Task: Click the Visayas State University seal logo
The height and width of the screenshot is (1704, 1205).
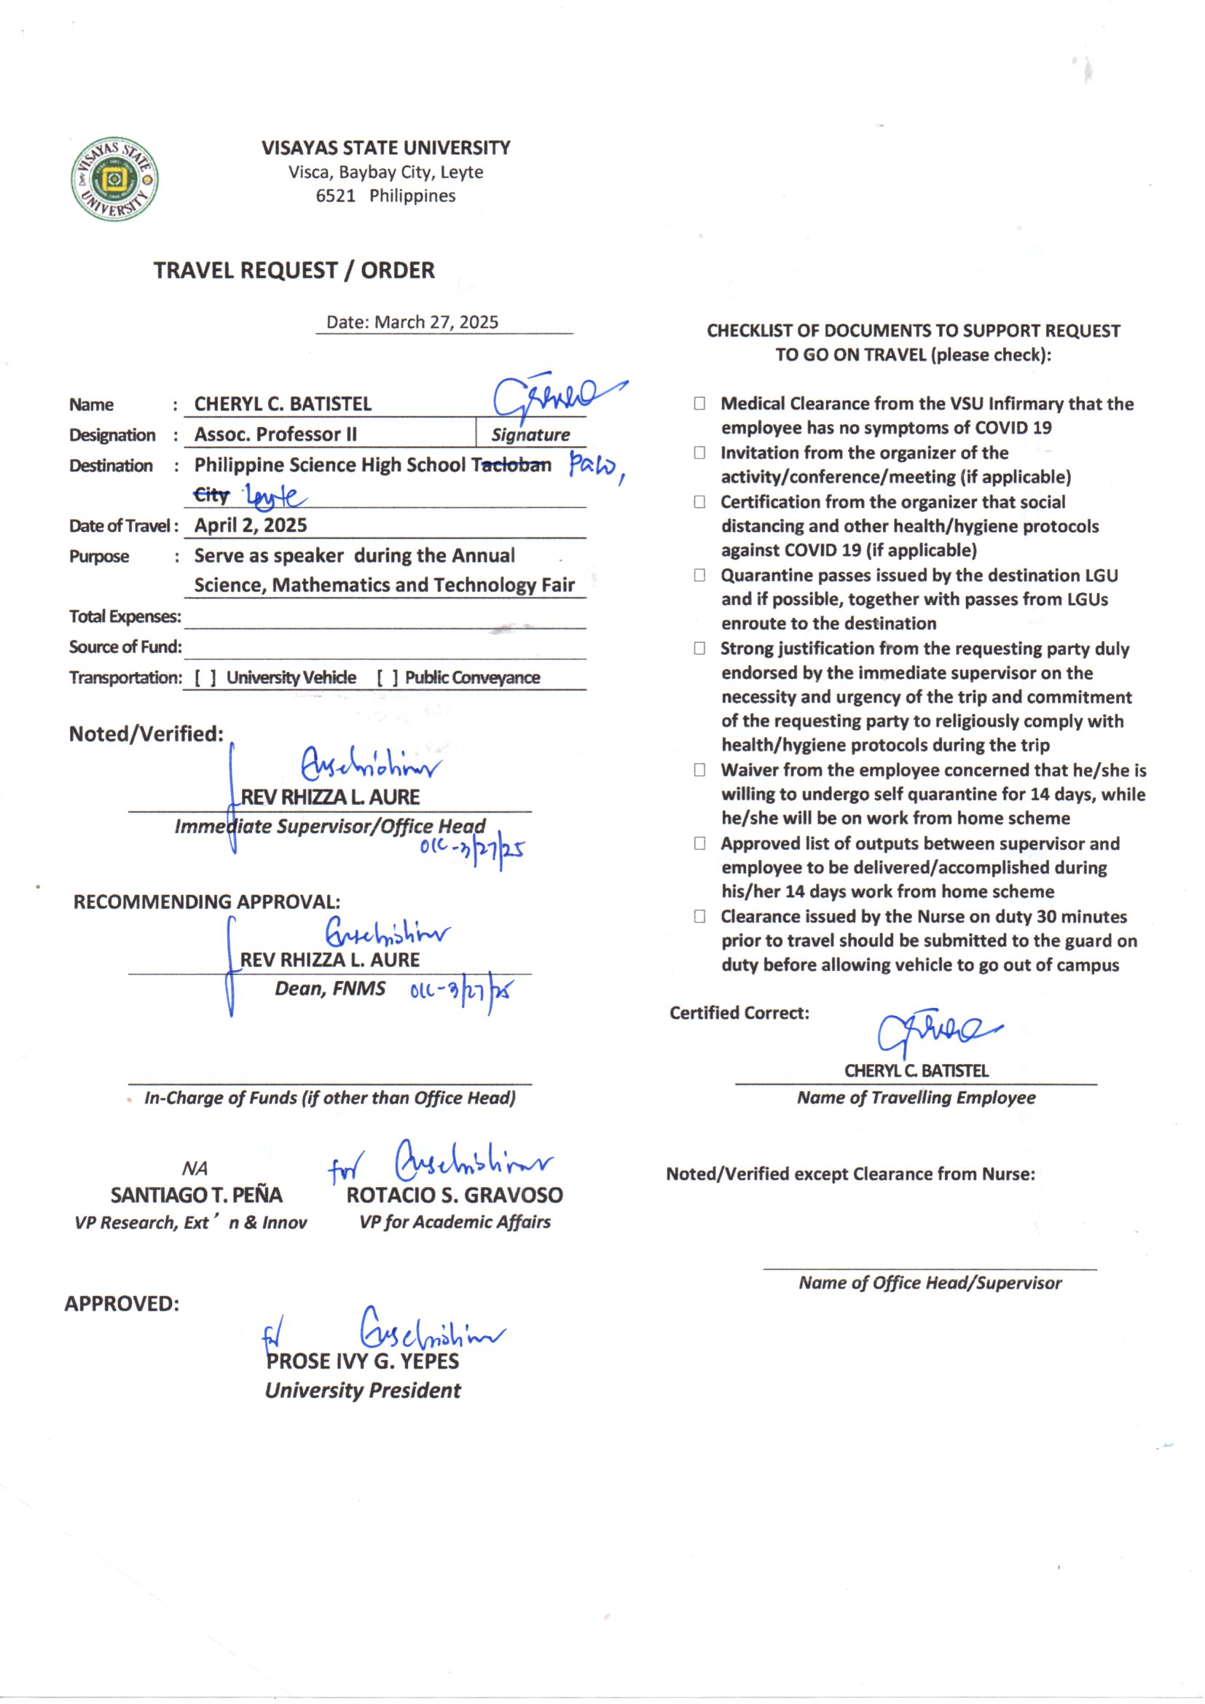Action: point(114,179)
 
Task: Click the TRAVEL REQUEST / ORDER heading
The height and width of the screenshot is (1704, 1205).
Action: point(294,270)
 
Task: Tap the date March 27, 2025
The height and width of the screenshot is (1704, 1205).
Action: point(436,322)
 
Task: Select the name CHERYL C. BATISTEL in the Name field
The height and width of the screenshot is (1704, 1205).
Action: point(283,404)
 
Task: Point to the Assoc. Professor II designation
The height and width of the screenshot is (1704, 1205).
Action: point(275,434)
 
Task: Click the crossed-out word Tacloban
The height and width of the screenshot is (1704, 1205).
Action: point(511,465)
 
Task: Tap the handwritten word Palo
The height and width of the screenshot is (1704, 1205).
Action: point(594,468)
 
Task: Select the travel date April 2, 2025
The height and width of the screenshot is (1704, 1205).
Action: point(251,525)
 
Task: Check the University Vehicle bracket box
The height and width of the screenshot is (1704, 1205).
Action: point(205,678)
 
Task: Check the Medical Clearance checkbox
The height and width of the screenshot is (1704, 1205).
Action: point(699,404)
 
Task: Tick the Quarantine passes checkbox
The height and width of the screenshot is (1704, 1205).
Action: point(699,575)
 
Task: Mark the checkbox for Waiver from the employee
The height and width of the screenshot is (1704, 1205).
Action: point(699,770)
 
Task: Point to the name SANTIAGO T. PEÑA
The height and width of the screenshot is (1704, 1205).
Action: point(197,1195)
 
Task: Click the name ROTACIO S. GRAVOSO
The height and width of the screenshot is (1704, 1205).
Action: point(454,1195)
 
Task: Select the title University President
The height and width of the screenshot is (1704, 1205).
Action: point(363,1390)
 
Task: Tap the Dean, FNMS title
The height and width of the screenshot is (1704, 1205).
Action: point(330,988)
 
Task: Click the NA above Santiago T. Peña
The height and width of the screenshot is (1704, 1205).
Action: point(195,1169)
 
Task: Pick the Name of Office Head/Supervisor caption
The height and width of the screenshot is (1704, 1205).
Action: point(930,1283)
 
